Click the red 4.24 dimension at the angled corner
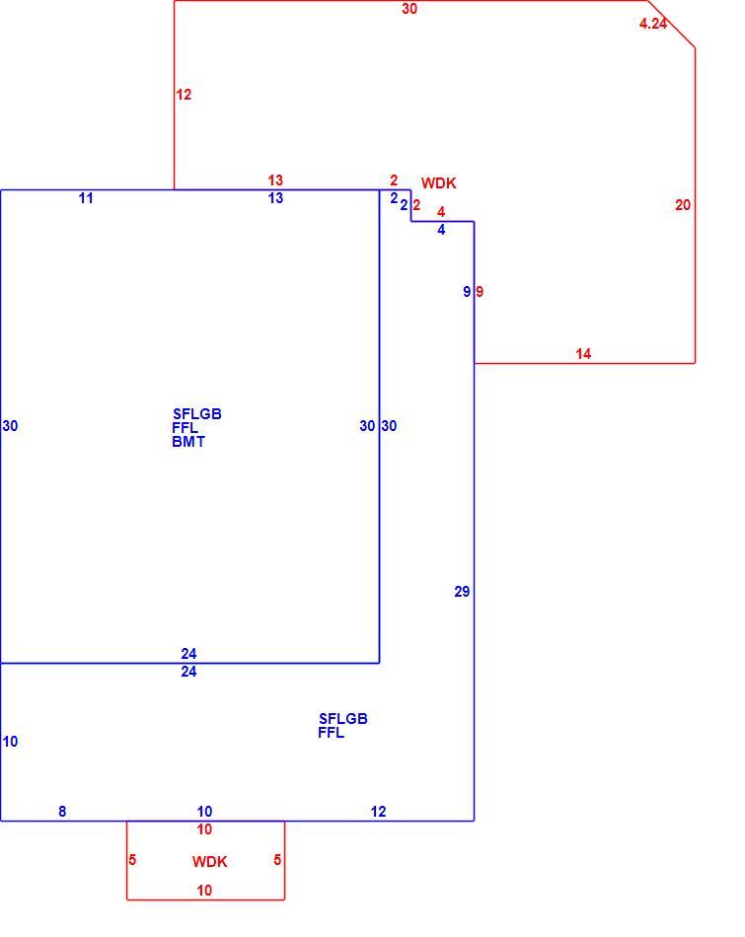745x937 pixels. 653,24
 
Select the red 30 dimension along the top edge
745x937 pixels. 410,9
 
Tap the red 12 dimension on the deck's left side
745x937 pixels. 184,95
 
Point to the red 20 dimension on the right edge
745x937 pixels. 683,205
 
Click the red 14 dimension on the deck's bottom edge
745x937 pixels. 583,354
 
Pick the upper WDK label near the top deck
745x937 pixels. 439,183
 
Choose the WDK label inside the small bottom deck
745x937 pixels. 210,862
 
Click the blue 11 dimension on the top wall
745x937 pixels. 86,198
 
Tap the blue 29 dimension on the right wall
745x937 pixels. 462,592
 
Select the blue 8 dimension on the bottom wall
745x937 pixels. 62,812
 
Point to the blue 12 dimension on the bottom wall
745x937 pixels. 379,812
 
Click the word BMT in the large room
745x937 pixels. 188,442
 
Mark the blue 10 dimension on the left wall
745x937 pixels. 10,742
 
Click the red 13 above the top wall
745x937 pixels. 275,180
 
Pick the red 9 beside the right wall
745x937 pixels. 480,292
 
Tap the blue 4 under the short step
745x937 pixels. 441,230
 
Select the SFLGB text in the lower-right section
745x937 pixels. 343,718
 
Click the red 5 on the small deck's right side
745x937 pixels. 277,859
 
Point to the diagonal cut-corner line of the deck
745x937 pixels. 671,24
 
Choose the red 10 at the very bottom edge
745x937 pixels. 204,891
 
